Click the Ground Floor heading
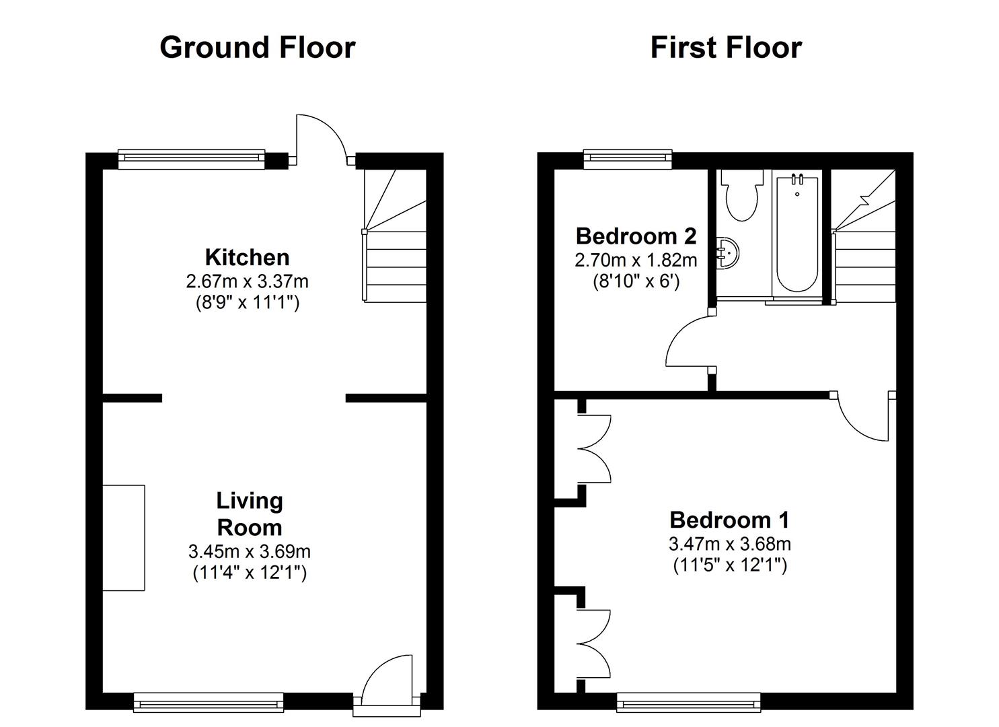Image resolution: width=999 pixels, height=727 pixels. [257, 48]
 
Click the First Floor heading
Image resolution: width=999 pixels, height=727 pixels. [726, 48]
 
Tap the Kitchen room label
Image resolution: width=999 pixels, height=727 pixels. [247, 257]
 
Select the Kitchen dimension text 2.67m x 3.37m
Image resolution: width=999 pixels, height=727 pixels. [247, 281]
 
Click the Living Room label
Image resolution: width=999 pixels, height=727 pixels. [249, 514]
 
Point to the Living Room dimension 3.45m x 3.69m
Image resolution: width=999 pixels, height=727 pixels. [249, 552]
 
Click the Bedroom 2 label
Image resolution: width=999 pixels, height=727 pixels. [636, 236]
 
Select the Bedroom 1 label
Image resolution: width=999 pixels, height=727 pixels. [729, 520]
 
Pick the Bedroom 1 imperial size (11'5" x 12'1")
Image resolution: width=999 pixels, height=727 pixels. [730, 565]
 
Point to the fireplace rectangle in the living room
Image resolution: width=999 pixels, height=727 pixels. [124, 538]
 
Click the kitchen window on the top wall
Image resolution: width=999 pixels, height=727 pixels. [191, 159]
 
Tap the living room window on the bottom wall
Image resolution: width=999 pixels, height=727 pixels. [209, 703]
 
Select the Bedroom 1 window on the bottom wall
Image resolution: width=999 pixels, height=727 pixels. [689, 703]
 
